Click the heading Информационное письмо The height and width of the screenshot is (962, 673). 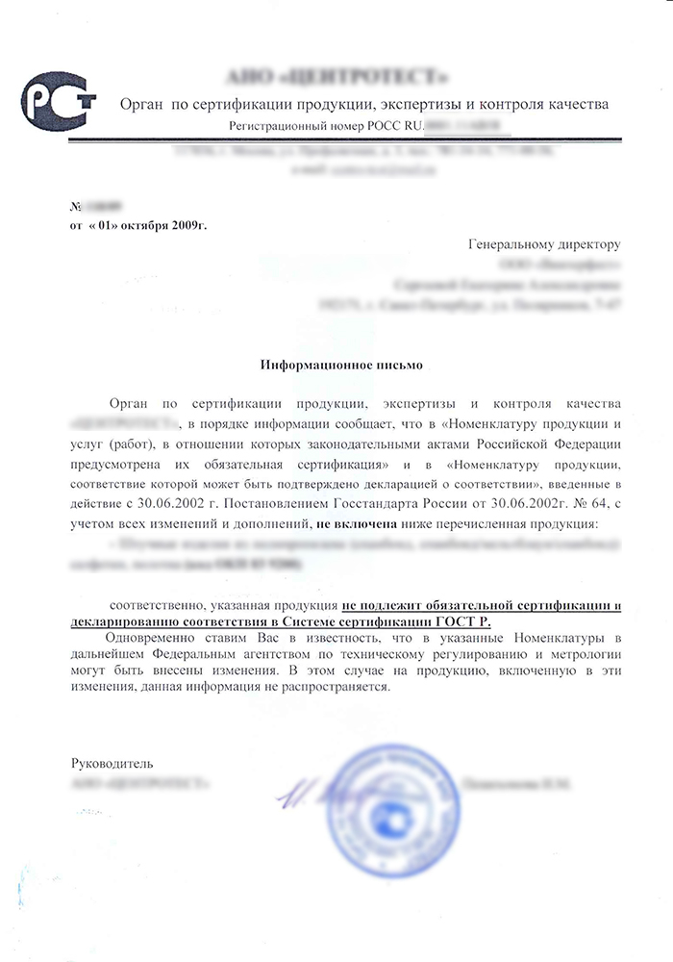point(336,366)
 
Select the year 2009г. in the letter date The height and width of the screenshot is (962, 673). point(184,225)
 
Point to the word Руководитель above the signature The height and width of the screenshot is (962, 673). point(112,763)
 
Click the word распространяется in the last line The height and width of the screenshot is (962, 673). point(335,688)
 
